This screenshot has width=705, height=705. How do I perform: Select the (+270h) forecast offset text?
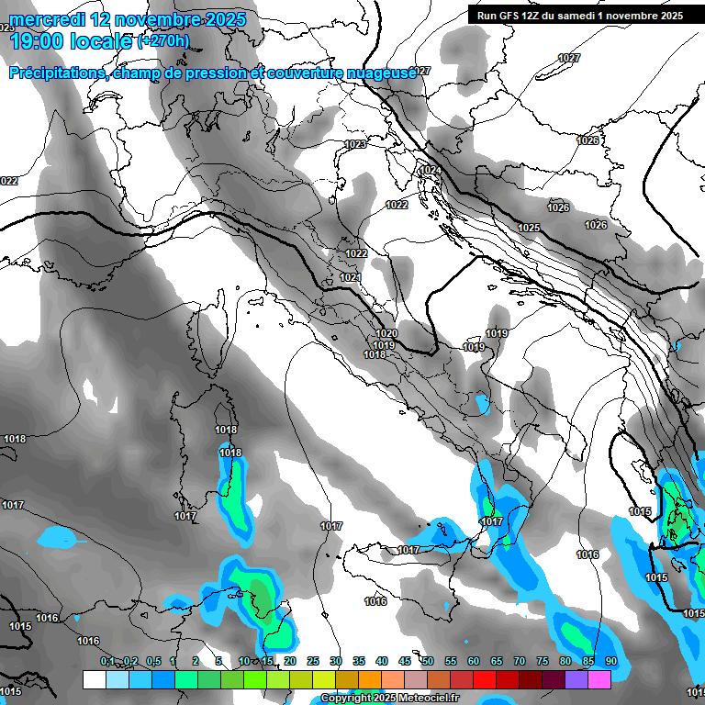point(163,41)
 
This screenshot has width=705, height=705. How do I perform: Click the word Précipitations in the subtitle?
point(56,73)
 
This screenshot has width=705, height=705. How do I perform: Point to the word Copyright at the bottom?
point(347,699)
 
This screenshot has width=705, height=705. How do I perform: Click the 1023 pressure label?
point(355,145)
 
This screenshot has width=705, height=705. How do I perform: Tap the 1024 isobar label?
point(430,171)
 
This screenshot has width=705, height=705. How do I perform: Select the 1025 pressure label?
point(529,228)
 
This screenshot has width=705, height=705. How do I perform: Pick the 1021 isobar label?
point(351,277)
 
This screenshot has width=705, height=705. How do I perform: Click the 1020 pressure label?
point(386,334)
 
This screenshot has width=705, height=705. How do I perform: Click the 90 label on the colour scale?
point(611,661)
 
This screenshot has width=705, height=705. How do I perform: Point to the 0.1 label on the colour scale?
point(107,661)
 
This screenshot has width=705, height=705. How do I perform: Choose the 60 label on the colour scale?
point(474,661)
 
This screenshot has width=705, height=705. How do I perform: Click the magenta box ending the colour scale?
point(599,679)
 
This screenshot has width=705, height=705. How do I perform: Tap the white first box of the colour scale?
point(94,679)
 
